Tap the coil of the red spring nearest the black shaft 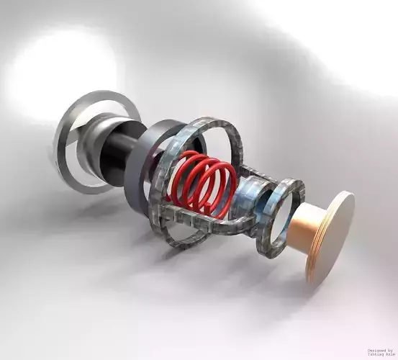[180, 176]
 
